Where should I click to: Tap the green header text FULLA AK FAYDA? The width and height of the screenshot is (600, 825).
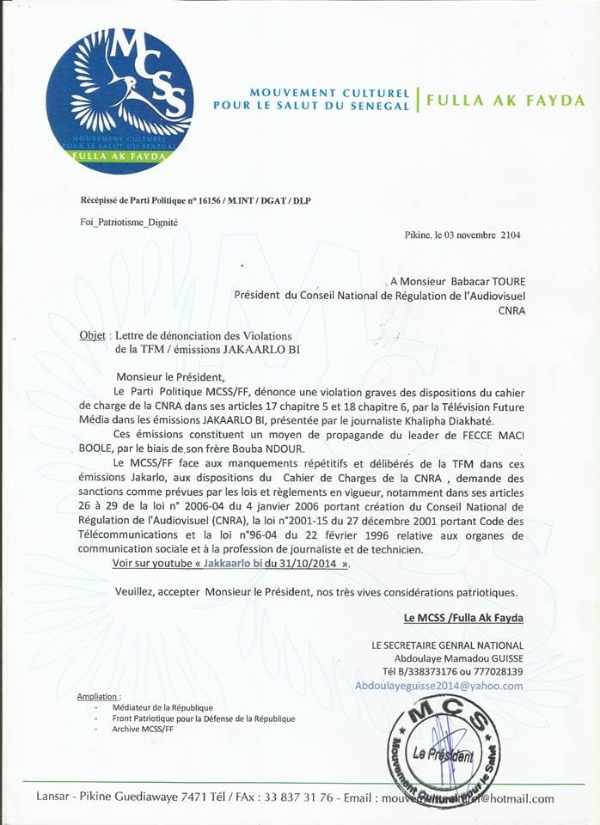(x=505, y=101)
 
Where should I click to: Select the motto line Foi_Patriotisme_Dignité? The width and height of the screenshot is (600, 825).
(x=129, y=223)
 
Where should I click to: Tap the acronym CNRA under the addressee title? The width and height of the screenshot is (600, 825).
(x=511, y=310)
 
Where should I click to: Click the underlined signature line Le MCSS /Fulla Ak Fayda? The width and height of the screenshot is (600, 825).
(x=463, y=618)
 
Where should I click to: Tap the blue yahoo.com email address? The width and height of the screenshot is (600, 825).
(x=438, y=685)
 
